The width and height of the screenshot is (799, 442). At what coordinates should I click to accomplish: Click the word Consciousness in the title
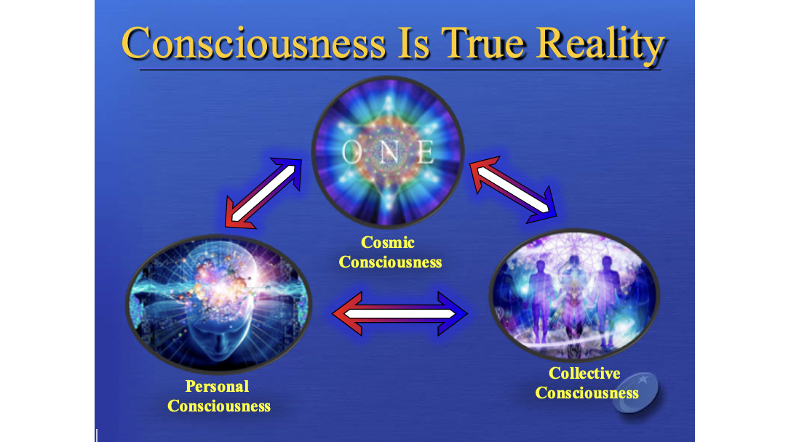(253, 44)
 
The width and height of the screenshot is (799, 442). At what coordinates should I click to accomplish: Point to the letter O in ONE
(350, 152)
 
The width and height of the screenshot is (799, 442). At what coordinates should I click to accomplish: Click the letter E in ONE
(425, 152)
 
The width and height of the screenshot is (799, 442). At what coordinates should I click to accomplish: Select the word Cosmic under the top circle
(388, 242)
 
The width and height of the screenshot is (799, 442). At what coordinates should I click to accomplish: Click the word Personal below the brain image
(217, 387)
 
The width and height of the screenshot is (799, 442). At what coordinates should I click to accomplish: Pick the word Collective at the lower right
(584, 373)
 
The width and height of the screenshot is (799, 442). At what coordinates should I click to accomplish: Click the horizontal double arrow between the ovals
(399, 313)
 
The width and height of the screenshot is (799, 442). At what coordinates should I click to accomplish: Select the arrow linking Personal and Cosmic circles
(263, 193)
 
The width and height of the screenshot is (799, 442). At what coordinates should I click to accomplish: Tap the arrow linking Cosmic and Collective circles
(512, 190)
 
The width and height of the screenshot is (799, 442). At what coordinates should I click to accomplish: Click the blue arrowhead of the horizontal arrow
(453, 313)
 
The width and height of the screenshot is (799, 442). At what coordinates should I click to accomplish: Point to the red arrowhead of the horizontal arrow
(347, 313)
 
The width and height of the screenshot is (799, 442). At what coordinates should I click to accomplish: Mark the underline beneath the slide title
(400, 69)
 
